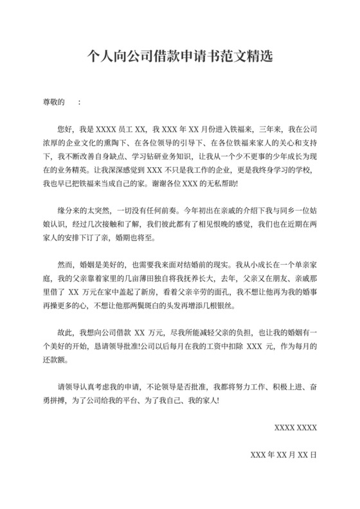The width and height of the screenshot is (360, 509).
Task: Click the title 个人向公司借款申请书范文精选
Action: click(180, 56)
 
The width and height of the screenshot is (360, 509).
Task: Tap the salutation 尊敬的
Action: click(53, 102)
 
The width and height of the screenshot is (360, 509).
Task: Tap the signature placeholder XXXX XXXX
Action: click(295, 427)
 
